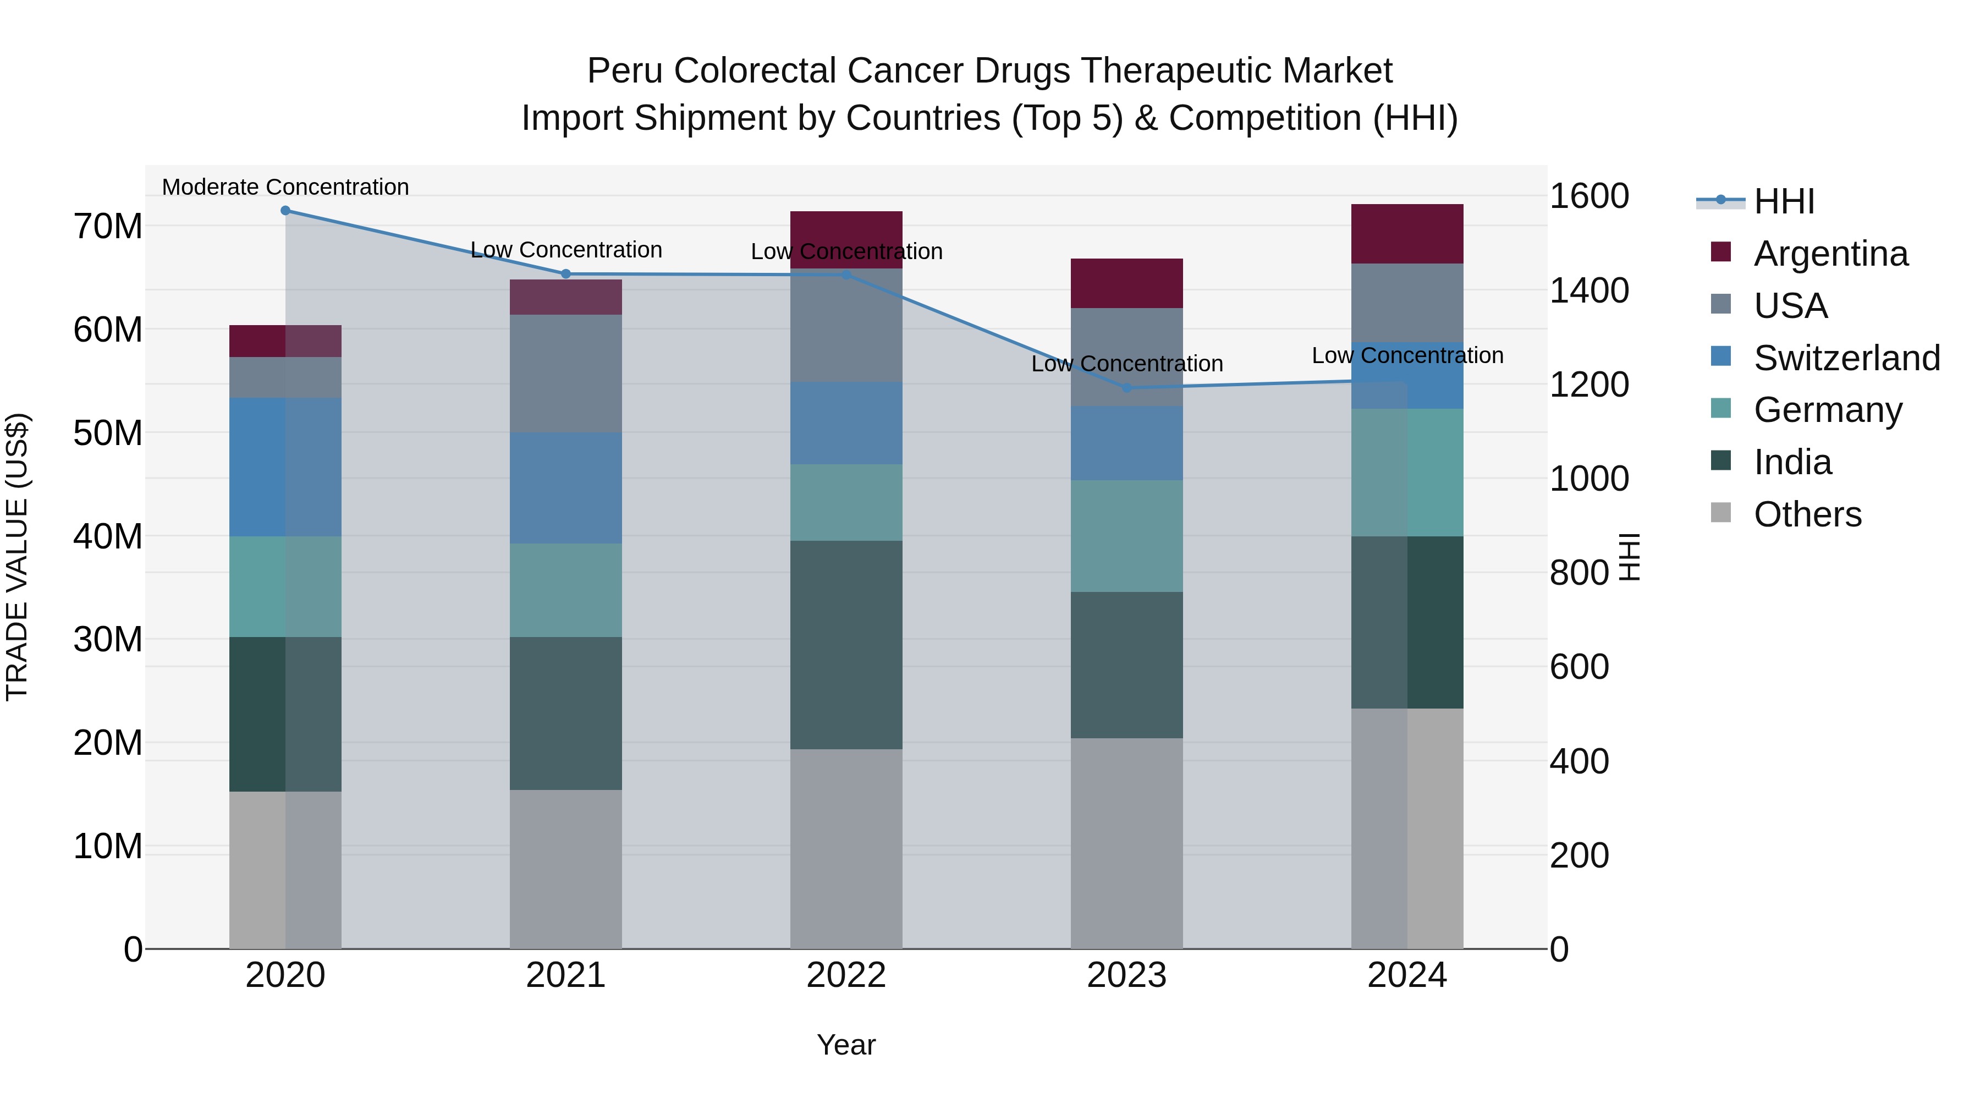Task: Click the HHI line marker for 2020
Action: [x=285, y=211]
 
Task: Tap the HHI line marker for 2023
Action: [x=1127, y=388]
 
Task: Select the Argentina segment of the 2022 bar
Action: [x=846, y=239]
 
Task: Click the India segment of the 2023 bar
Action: [x=1127, y=665]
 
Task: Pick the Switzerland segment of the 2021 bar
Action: [x=566, y=488]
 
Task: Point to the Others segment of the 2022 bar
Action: [x=846, y=849]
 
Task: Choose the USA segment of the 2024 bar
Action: [x=1407, y=303]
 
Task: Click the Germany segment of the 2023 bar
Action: [x=1127, y=536]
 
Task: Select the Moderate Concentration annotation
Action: [x=285, y=187]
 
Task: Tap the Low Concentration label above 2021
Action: [x=566, y=250]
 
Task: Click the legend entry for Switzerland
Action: [x=1846, y=358]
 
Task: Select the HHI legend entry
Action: [x=1783, y=201]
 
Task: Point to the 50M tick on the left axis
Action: [x=108, y=433]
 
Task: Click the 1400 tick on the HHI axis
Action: [x=1588, y=290]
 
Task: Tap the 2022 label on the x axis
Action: [x=846, y=975]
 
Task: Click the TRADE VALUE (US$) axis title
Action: [x=17, y=557]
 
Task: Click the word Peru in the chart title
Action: [x=624, y=72]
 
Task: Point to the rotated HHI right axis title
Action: [x=1629, y=557]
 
